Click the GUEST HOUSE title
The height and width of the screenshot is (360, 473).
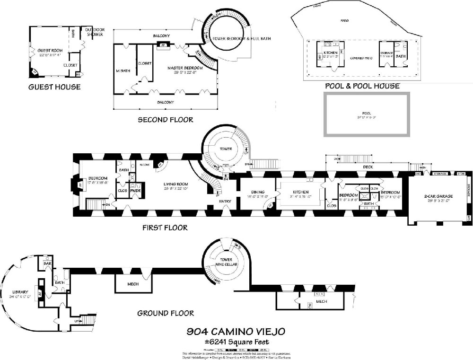(x=54, y=87)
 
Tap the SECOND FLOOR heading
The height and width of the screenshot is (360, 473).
(x=165, y=120)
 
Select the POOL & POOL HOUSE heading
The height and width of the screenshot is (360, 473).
(x=362, y=86)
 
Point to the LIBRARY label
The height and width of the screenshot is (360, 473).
(x=21, y=292)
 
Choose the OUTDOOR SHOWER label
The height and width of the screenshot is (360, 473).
(x=95, y=32)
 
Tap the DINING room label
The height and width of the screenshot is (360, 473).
(x=255, y=192)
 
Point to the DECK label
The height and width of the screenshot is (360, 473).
(x=368, y=167)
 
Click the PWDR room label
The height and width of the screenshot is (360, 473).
(x=137, y=190)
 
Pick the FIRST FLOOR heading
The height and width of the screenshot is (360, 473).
(x=165, y=228)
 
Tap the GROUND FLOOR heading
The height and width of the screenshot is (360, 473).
(x=165, y=313)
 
